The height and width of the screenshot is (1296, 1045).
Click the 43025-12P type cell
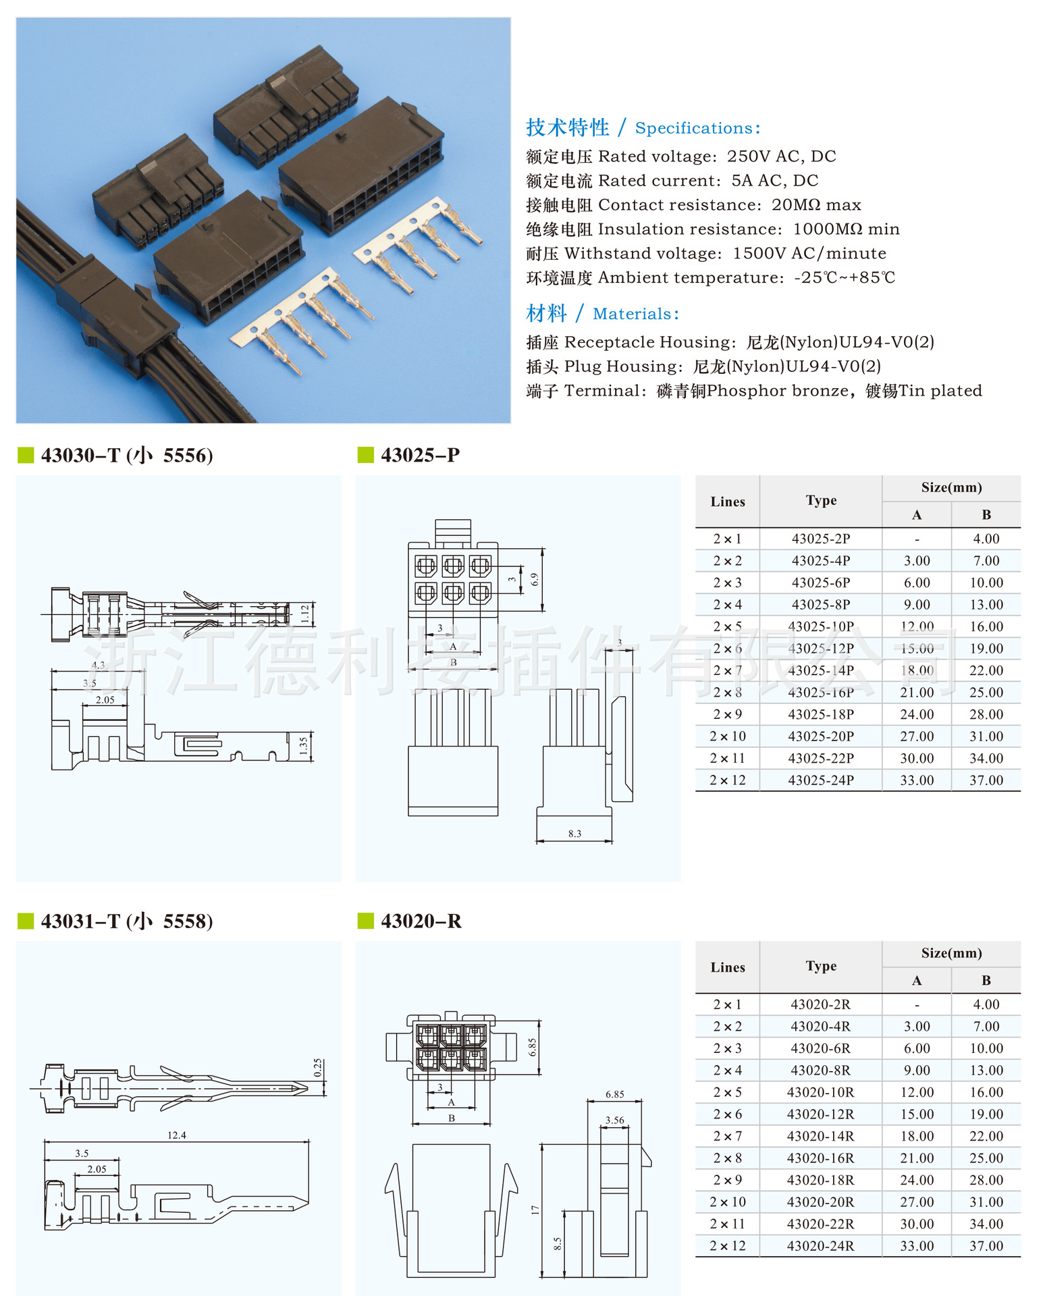820,648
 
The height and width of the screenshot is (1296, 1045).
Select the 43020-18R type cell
820,1180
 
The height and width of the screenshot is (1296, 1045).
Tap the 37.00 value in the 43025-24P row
986,780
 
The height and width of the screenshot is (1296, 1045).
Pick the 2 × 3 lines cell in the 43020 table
727,1048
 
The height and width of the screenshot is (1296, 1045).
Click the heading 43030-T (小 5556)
126,455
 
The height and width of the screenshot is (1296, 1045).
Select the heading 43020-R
421,921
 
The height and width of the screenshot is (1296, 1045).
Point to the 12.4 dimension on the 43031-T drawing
176,1135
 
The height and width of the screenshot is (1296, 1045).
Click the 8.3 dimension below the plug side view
574,834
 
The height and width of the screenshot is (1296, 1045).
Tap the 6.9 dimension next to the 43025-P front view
535,579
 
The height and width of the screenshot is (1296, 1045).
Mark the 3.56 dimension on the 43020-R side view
614,1120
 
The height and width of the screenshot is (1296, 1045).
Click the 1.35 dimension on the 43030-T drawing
304,745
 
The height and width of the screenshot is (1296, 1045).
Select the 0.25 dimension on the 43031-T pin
318,1067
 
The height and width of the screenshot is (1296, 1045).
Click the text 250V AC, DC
781,157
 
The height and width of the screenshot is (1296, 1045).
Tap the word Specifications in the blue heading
694,128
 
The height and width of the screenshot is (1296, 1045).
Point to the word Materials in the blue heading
632,314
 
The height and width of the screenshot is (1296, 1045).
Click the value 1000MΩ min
846,230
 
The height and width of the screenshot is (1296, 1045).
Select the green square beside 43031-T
26,921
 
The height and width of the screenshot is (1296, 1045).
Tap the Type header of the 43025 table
820,500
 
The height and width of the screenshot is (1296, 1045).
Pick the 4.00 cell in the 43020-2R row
986,1004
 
